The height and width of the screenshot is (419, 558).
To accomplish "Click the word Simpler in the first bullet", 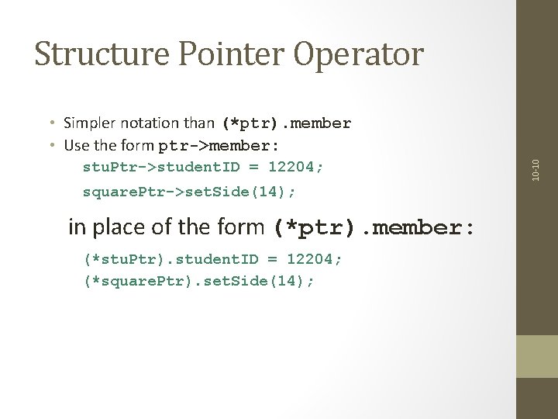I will coord(89,123).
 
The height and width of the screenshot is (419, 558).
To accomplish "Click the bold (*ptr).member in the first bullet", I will coord(286,123).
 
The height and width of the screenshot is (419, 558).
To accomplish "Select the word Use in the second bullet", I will coord(77,145).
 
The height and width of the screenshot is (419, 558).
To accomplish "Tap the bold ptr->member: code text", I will coord(219,145).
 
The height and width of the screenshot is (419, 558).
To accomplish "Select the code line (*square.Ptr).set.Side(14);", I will coord(199,281).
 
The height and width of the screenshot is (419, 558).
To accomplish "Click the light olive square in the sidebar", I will coord(537,356).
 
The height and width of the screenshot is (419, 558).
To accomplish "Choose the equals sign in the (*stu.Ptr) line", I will coord(274,258).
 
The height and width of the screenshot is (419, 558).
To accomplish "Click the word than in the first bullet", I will coord(201,123).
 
